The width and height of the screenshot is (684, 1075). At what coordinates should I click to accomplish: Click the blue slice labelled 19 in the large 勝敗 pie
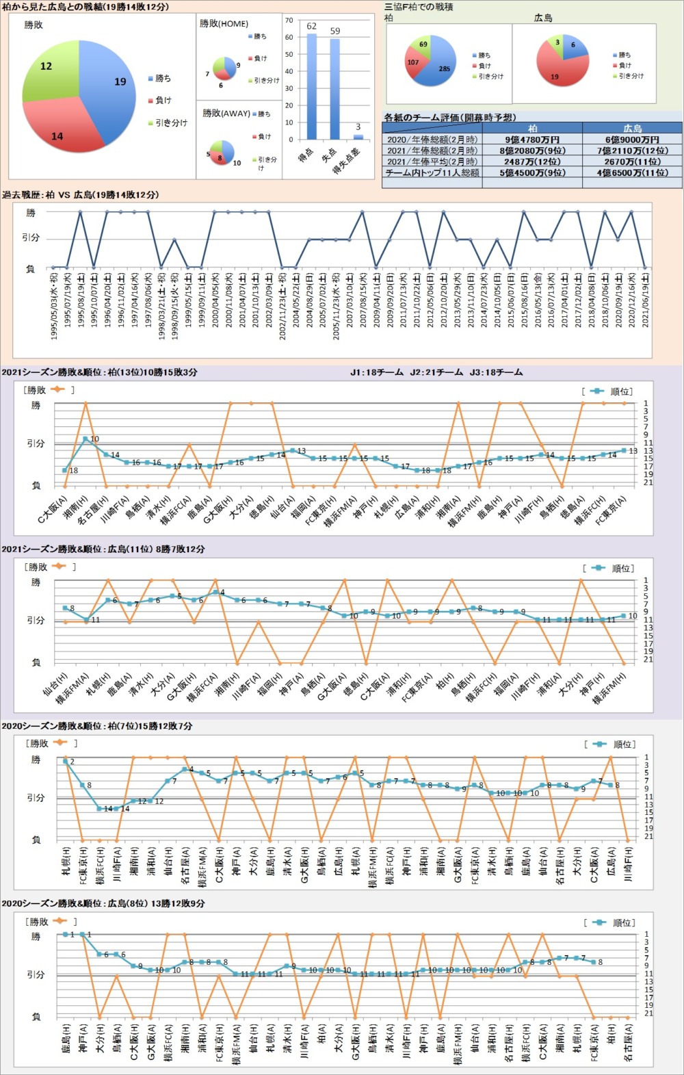109,86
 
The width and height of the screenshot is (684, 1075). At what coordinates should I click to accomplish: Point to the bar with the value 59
334,90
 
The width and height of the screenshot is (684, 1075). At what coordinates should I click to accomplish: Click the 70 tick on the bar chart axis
289,21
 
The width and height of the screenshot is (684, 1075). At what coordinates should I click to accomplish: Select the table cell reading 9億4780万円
532,140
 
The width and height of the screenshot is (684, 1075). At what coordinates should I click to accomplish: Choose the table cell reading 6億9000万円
632,140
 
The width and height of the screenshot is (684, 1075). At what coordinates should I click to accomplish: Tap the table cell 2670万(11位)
632,161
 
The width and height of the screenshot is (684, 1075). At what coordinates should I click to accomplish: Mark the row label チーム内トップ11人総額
432,172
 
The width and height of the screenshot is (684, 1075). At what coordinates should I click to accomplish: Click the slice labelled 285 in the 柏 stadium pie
442,68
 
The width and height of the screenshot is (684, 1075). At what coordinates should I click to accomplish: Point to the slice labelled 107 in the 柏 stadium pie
415,63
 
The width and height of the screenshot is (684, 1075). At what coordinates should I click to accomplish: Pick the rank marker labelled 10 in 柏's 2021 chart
85,439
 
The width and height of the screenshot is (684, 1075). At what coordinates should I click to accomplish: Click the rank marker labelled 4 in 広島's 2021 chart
215,592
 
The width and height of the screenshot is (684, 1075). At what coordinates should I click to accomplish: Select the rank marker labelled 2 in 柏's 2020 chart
66,761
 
